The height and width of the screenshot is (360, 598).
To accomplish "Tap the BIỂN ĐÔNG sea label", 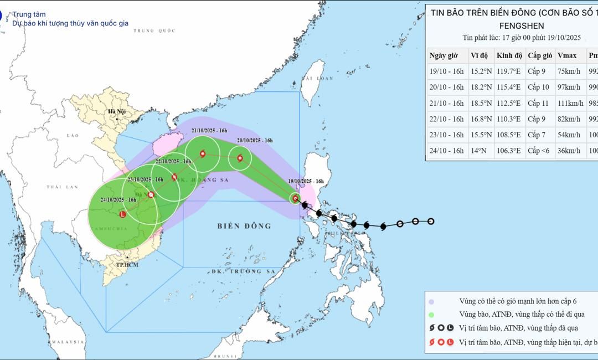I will point(244,226).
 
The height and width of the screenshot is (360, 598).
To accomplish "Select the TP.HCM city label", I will point(127,264).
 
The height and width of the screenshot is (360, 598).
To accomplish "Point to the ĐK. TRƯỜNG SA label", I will point(243,272).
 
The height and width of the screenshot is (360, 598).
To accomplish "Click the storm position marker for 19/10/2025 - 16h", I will point(296,198).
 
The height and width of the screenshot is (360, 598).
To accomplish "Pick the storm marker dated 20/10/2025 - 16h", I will point(240,158).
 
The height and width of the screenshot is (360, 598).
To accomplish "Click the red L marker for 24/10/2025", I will point(122,214).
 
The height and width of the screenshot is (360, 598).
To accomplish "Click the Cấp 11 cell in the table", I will point(540,103).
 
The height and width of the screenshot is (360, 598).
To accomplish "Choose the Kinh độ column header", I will point(509,55).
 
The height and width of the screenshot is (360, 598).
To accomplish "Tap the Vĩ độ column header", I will point(479,55).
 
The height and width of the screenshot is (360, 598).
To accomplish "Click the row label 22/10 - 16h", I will point(446,119).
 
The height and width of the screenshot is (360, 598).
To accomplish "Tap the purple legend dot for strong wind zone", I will point(431,301).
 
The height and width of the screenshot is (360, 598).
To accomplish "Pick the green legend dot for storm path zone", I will point(431,315).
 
